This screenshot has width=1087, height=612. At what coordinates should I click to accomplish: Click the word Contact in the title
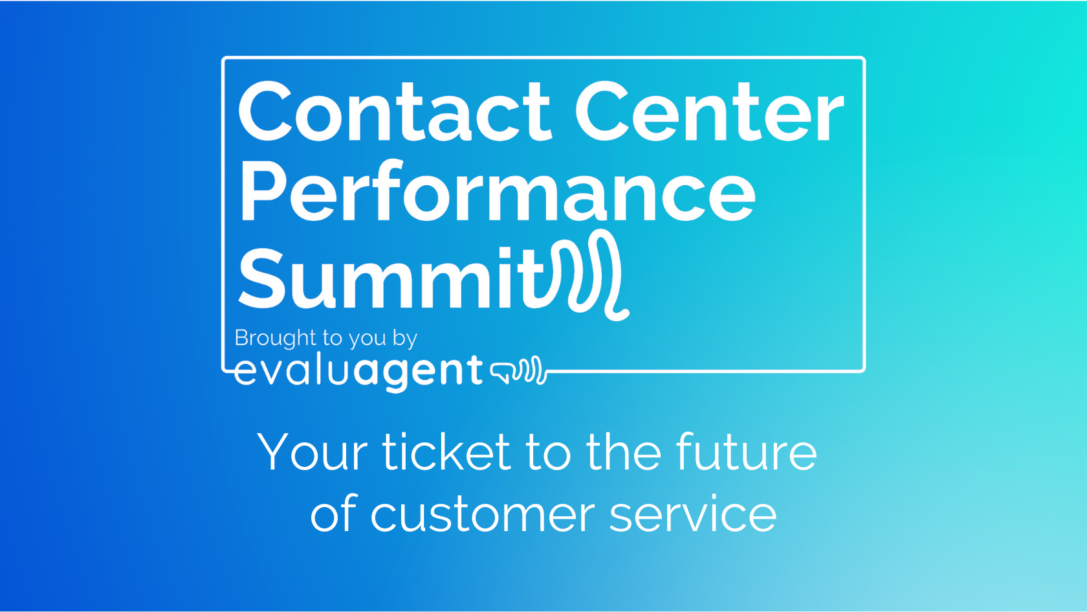[394, 111]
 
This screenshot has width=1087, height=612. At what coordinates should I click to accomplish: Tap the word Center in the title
[709, 111]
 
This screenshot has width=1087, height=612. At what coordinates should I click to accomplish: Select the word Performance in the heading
[497, 192]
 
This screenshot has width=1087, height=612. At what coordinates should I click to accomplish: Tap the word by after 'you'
[404, 339]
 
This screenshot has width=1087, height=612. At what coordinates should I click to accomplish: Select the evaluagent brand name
[358, 371]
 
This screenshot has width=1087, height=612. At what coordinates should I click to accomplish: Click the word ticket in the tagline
[446, 452]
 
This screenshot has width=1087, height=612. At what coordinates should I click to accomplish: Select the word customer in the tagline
[482, 516]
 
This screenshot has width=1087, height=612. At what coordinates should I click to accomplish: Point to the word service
[693, 516]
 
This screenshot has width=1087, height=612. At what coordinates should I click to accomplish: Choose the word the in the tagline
[624, 452]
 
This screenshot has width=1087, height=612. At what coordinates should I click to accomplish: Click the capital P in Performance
[260, 192]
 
